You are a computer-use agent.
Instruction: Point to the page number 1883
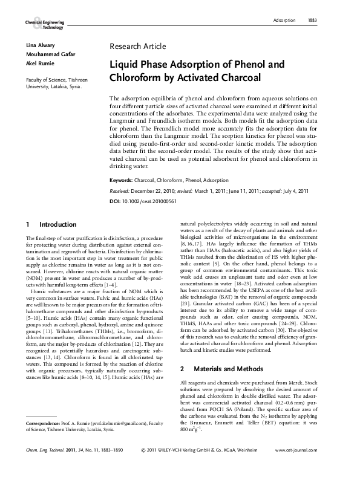[312, 21]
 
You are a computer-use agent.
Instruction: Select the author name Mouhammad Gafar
[50, 54]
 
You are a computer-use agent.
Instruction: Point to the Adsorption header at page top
[284, 21]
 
